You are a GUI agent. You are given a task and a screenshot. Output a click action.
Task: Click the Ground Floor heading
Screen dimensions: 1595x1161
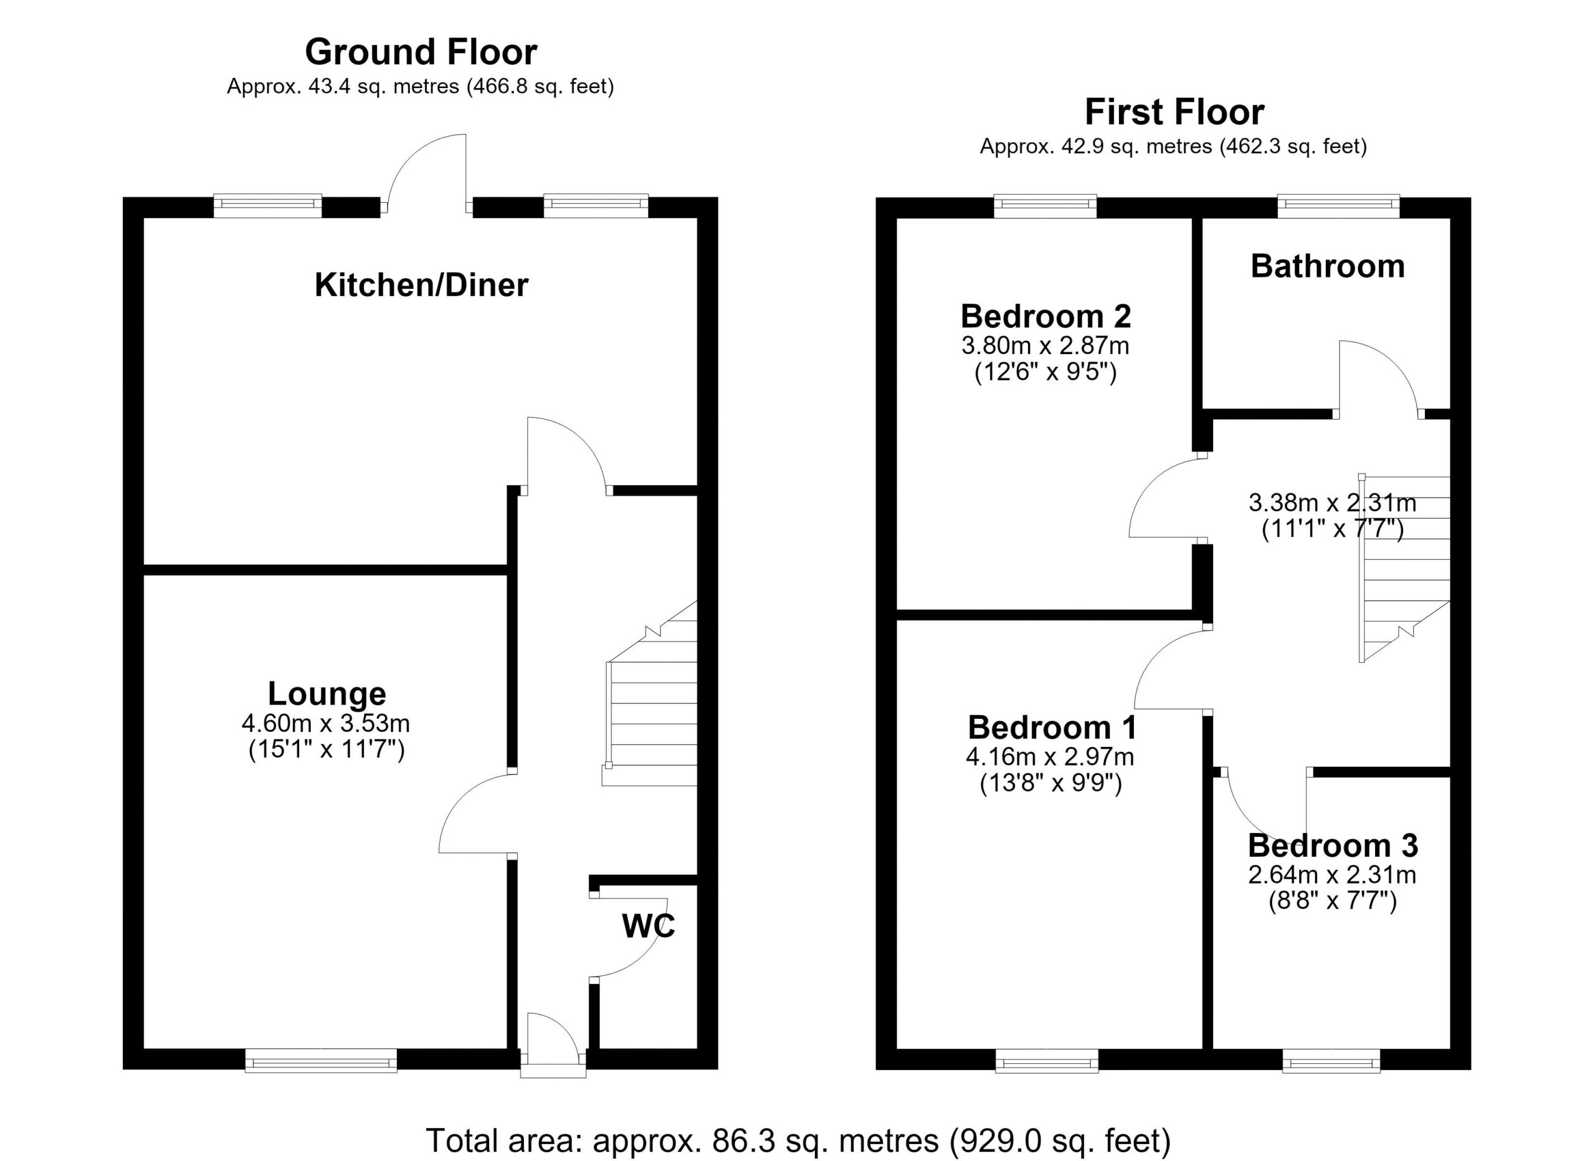(x=421, y=52)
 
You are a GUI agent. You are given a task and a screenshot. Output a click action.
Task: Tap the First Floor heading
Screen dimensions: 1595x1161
(x=1174, y=112)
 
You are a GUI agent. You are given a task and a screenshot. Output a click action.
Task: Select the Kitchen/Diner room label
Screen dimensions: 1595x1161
(x=421, y=285)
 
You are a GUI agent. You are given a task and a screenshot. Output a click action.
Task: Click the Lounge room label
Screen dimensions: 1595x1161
(x=327, y=694)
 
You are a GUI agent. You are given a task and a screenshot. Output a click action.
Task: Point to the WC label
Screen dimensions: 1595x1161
(x=649, y=926)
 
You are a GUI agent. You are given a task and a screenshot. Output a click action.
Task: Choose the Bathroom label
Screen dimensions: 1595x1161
(x=1328, y=266)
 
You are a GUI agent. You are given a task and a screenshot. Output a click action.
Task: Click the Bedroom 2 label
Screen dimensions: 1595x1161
(x=1045, y=317)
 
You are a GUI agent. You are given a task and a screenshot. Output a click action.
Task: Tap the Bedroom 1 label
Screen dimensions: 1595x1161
(x=1052, y=728)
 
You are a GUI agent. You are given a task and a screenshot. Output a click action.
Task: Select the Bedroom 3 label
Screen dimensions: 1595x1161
(x=1333, y=845)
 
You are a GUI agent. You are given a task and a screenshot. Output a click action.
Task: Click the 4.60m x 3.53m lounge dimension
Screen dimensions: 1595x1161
(x=326, y=723)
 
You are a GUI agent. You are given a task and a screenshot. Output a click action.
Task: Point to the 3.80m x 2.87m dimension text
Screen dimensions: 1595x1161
(x=1045, y=346)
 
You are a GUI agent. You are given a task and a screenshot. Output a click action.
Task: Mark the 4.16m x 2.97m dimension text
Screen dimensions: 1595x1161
(x=1050, y=757)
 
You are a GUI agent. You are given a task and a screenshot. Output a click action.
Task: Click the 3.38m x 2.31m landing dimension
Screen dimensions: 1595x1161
(x=1333, y=503)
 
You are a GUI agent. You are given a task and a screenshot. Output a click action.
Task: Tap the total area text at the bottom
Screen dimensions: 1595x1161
(x=798, y=1140)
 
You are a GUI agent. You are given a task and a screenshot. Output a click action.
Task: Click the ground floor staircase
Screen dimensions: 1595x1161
(x=650, y=693)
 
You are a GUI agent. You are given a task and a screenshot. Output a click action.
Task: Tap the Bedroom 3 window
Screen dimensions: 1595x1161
(x=1331, y=1061)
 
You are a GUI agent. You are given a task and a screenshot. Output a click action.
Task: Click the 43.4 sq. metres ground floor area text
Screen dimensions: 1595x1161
(x=420, y=87)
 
